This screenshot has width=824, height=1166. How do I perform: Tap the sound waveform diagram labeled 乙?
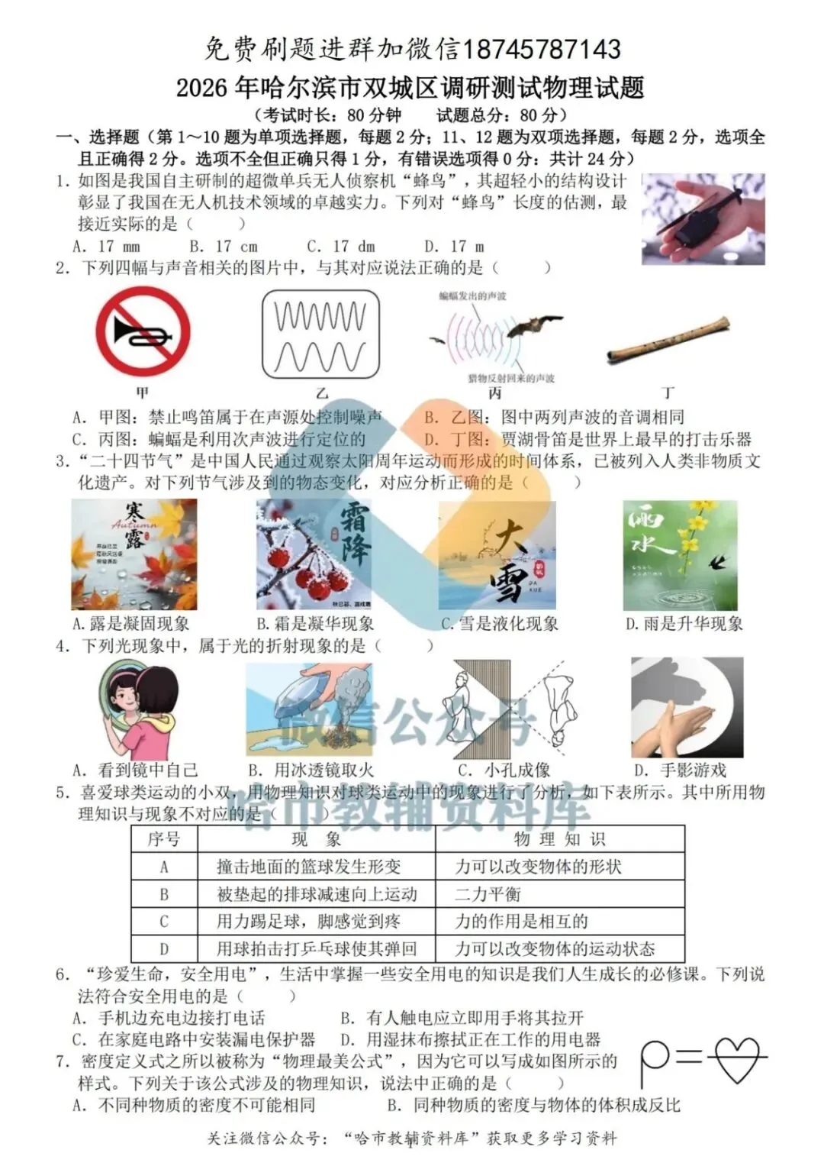(x=320, y=336)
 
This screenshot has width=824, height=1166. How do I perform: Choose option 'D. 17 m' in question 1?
(x=454, y=246)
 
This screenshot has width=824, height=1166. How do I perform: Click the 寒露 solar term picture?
(x=134, y=554)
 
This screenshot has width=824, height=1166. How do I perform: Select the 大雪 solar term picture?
(x=497, y=554)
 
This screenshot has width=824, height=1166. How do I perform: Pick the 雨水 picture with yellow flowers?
(x=681, y=554)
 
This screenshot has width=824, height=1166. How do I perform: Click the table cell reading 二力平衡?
(x=488, y=894)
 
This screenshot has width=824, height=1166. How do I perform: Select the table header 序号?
(x=163, y=839)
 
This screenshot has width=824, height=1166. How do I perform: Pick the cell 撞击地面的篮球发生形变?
(x=308, y=867)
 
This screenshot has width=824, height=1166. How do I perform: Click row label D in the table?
(x=163, y=949)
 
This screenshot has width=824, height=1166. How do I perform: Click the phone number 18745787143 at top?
(x=542, y=50)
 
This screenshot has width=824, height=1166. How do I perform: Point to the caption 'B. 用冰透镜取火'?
(x=311, y=770)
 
